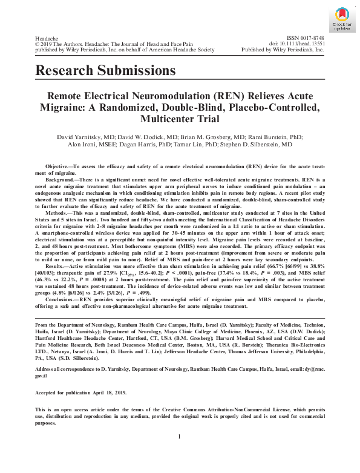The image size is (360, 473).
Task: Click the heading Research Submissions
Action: click(106, 71)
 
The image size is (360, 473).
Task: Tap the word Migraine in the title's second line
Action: click(64, 107)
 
